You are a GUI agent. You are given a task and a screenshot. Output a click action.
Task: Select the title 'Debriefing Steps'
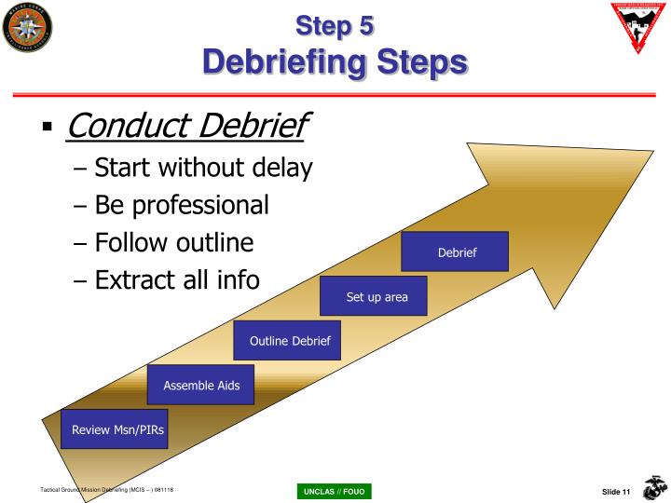point(335,62)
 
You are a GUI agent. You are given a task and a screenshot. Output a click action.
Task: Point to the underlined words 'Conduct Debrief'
point(186,124)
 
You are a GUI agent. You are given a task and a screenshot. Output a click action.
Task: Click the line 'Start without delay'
point(204,168)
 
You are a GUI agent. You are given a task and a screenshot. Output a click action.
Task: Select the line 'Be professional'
point(183,204)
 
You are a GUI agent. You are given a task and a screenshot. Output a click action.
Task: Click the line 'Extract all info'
point(178,279)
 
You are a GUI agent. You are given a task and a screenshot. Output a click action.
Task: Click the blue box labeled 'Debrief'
point(455,252)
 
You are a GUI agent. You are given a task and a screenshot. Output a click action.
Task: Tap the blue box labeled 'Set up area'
point(371,297)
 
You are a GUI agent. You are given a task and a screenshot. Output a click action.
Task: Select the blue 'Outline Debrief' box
point(289,341)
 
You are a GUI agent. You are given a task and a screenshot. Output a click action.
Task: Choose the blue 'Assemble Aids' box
point(200,385)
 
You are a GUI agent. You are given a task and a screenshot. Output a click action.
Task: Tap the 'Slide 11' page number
point(613,491)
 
